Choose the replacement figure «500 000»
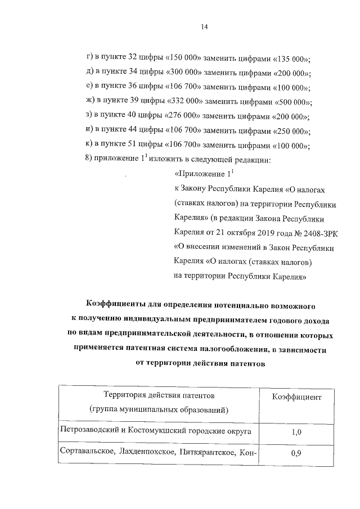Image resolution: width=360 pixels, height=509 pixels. tap(293, 102)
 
